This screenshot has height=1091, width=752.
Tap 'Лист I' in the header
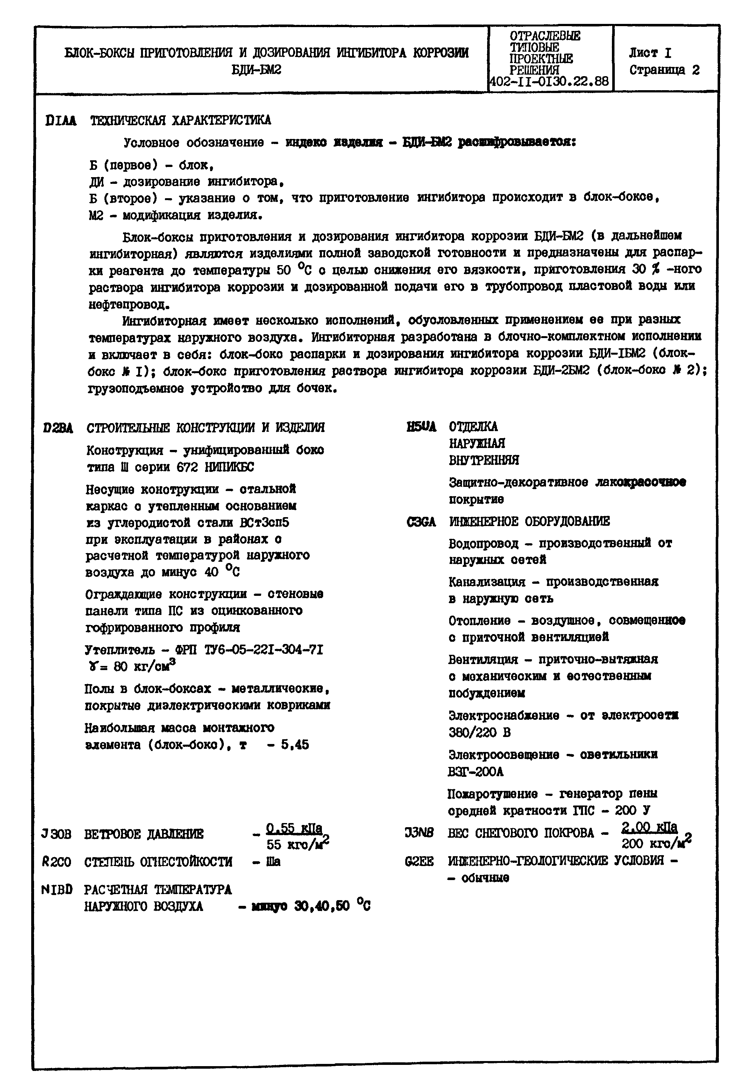click(650, 53)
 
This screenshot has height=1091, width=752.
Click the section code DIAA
click(61, 121)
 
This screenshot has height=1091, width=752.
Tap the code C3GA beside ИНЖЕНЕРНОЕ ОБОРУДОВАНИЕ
click(421, 522)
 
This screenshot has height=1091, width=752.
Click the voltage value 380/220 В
click(479, 733)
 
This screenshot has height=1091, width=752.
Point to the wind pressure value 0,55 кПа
click(294, 828)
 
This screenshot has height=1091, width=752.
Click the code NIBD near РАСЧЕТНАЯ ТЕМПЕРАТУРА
click(57, 890)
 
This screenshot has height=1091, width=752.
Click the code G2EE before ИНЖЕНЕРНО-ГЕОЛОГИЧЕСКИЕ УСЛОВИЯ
click(419, 861)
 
